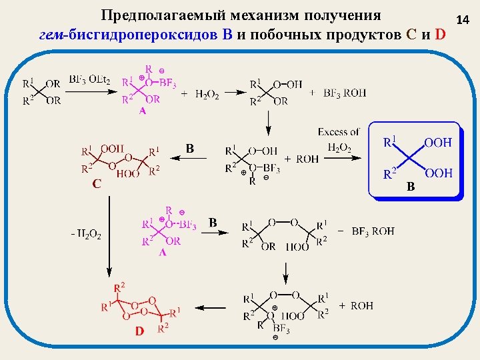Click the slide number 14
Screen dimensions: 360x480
[x=463, y=22]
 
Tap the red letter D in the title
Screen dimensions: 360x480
[x=439, y=35]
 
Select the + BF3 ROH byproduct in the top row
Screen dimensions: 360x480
[x=338, y=93]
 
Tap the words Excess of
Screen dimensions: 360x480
[x=339, y=132]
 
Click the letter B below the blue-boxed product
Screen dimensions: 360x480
[x=411, y=187]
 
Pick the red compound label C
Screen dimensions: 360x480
[x=97, y=185]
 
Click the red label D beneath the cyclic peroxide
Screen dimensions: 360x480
[x=140, y=332]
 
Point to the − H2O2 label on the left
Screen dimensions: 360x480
[x=85, y=235]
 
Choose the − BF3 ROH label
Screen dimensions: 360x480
[x=367, y=231]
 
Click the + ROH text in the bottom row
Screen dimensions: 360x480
[x=356, y=305]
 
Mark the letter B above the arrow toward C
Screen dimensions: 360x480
[x=190, y=149]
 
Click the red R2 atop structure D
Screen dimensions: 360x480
[x=119, y=287]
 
